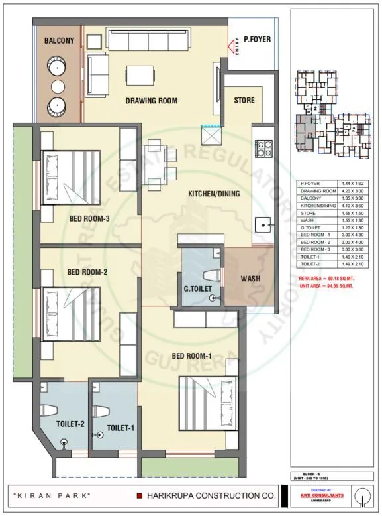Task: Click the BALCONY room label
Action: pyautogui.click(x=58, y=41)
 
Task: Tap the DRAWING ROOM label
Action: pyautogui.click(x=152, y=101)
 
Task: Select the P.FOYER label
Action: pyautogui.click(x=257, y=40)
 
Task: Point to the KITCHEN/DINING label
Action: pyautogui.click(x=214, y=194)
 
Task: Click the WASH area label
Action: pyautogui.click(x=250, y=279)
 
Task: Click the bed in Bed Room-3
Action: pyautogui.click(x=71, y=177)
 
